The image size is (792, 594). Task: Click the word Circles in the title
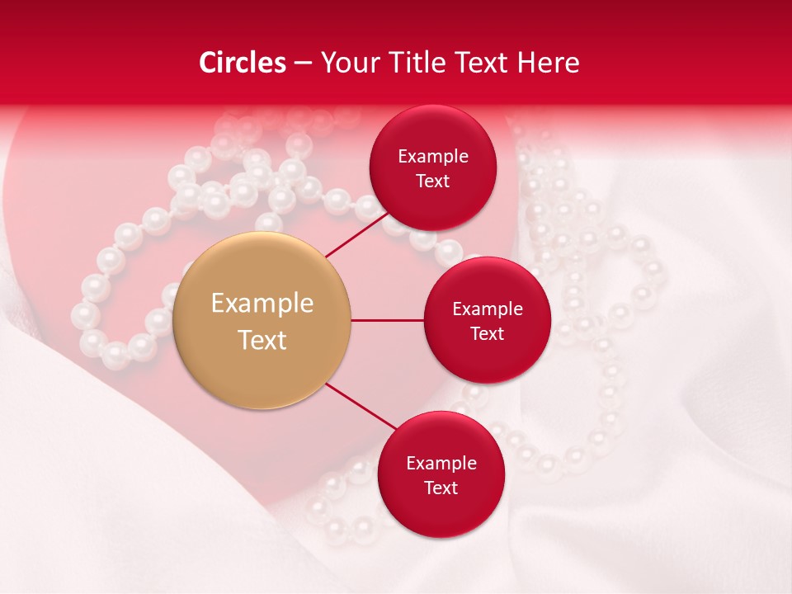click(x=243, y=63)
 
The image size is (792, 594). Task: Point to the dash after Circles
click(x=303, y=64)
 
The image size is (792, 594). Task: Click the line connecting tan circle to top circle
click(x=356, y=234)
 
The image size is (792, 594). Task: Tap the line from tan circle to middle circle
click(x=387, y=320)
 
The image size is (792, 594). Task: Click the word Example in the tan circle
click(x=262, y=304)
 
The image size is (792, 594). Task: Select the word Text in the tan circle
click(x=262, y=340)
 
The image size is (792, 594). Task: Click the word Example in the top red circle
click(x=433, y=156)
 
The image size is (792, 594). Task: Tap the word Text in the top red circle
click(x=432, y=181)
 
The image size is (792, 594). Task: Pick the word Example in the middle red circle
click(x=488, y=309)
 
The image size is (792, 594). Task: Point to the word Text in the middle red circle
click(x=487, y=333)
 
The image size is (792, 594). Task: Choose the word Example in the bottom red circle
click(x=441, y=463)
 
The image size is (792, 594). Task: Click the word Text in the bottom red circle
click(x=441, y=488)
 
